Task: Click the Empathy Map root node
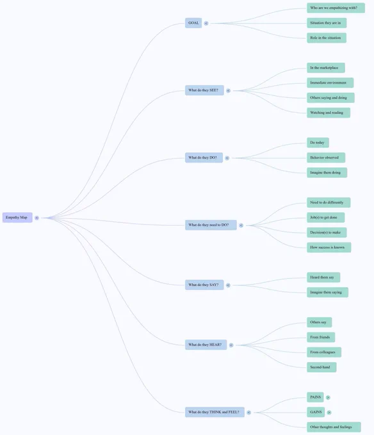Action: tap(17, 217)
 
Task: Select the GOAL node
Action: tap(193, 23)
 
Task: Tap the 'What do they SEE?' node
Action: tap(204, 90)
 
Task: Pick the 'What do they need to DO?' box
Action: tap(211, 225)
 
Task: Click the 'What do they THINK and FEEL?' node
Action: tap(215, 412)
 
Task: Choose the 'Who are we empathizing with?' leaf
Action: tap(336, 8)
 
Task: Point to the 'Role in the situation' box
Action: tap(327, 38)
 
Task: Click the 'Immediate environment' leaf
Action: tap(330, 83)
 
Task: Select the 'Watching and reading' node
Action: tap(329, 113)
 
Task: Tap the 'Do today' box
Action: tap(318, 143)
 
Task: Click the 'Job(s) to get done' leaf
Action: tap(326, 217)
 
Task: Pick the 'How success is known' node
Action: tap(329, 248)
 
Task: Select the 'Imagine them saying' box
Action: tap(327, 292)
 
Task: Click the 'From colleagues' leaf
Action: tap(324, 352)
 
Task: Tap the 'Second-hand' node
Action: tap(321, 367)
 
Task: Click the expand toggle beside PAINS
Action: tap(328, 397)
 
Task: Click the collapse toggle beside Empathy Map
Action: tap(37, 217)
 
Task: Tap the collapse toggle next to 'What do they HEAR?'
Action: tap(231, 345)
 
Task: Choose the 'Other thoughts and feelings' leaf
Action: tap(334, 427)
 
